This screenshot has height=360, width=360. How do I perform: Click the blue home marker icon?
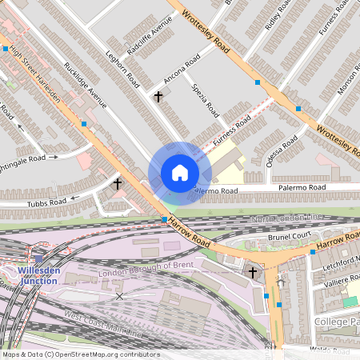pyautogui.click(x=179, y=173)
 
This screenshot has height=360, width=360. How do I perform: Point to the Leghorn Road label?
pyautogui.click(x=124, y=69)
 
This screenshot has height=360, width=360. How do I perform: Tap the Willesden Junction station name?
pyautogui.click(x=38, y=275)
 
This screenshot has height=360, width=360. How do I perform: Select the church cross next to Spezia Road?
pyautogui.click(x=158, y=97)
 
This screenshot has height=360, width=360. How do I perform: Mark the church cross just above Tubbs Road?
pyautogui.click(x=118, y=184)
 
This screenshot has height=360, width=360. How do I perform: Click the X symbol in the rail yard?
pyautogui.click(x=120, y=296)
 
